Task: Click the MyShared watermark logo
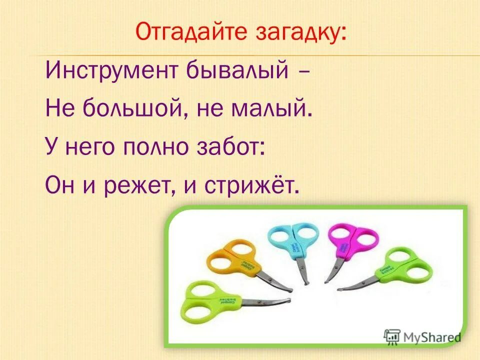tap(422, 336)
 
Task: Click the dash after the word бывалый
tap(303, 72)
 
